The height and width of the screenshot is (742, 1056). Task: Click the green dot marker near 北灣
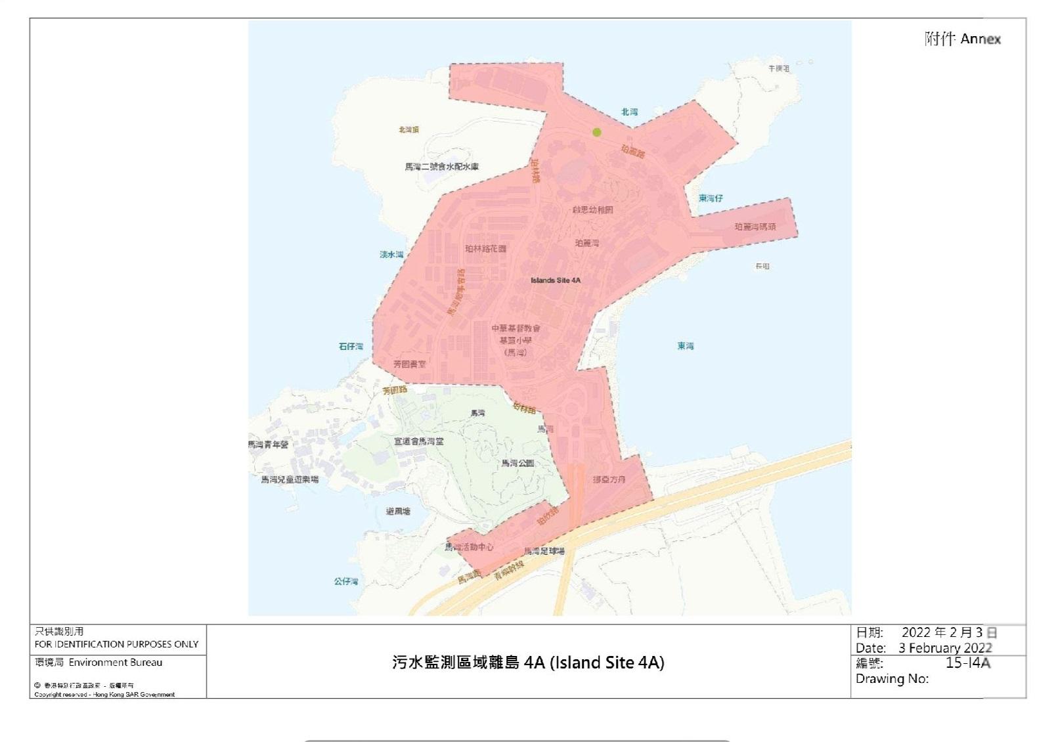597,132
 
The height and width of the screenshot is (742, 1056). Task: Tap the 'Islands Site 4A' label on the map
556,280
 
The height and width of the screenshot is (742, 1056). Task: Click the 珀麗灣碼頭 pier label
755,227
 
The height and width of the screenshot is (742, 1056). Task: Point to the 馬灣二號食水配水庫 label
441,167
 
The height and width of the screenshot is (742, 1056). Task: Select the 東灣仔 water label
711,198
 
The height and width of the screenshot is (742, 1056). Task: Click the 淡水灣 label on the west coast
391,254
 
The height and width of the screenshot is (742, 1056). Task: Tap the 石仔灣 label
351,346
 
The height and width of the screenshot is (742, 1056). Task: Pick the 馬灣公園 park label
517,463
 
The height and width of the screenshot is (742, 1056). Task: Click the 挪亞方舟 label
609,479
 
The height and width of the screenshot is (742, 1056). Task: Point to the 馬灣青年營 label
268,445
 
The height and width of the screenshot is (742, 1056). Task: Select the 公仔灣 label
346,581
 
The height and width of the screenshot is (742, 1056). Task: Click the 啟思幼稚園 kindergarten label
592,210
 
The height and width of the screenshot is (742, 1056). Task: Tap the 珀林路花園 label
485,249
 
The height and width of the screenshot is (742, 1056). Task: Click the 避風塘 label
398,511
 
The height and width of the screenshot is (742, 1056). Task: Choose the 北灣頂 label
408,130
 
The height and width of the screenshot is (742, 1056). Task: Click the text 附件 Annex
962,39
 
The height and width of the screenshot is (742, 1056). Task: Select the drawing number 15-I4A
967,663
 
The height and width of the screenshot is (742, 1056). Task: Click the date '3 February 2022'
945,647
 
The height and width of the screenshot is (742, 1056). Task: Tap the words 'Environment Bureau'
115,663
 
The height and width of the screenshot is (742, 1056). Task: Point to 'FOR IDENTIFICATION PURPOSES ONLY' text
116,644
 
